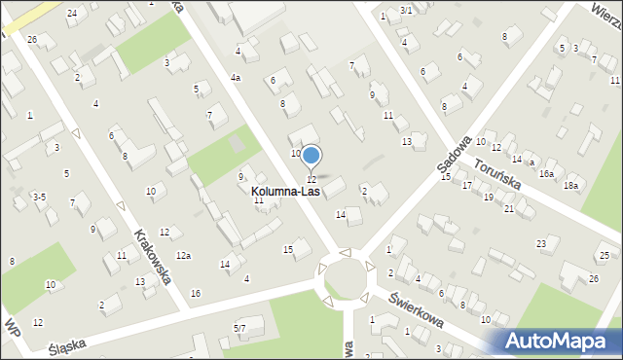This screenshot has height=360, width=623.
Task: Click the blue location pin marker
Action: click(x=311, y=156)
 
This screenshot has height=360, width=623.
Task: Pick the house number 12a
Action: click(x=183, y=256)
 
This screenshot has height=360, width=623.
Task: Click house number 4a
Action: click(x=236, y=77)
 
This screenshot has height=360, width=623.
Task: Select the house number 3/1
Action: click(x=406, y=10)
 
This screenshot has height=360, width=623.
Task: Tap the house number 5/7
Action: click(x=239, y=329)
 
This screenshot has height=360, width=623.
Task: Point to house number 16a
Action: click(x=546, y=173)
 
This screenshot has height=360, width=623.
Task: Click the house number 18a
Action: click(x=571, y=185)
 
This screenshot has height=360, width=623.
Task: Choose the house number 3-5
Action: click(x=39, y=197)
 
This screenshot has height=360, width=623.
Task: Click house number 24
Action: click(x=72, y=13)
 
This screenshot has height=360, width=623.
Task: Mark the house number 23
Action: click(x=541, y=243)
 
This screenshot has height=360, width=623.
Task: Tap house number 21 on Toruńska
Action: click(x=509, y=208)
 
